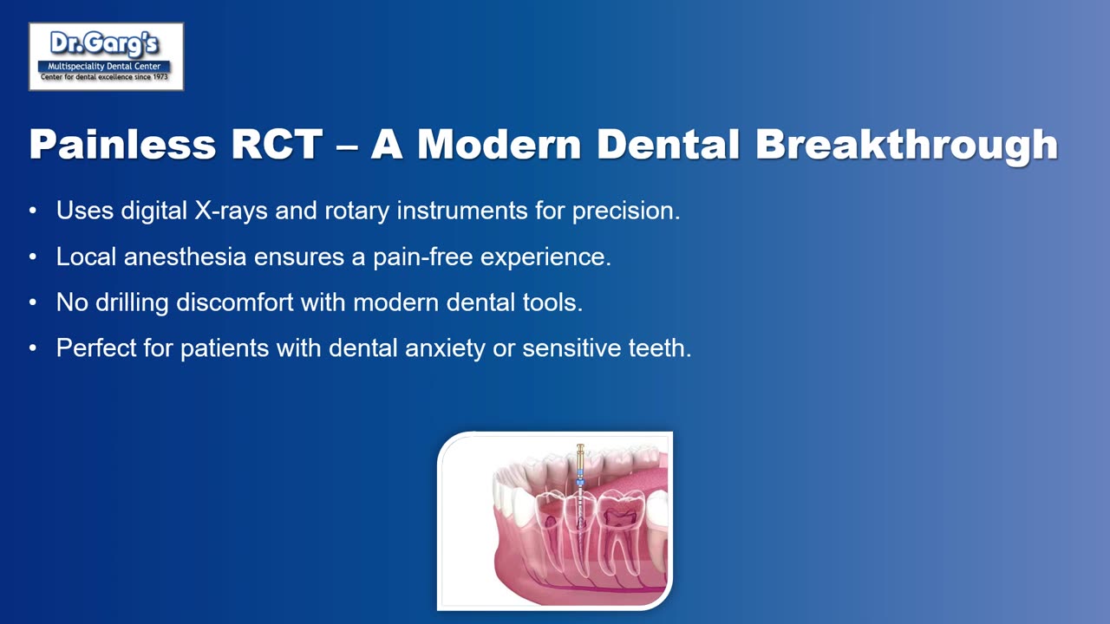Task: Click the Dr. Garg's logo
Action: pos(106,56)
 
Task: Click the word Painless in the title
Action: pos(121,145)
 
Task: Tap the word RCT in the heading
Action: pos(277,145)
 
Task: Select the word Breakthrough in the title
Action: pos(906,145)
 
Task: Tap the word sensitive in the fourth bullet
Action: pos(571,348)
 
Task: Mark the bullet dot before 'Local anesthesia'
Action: pos(33,257)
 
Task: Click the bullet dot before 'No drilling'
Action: pos(33,303)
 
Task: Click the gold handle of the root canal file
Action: pos(580,453)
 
